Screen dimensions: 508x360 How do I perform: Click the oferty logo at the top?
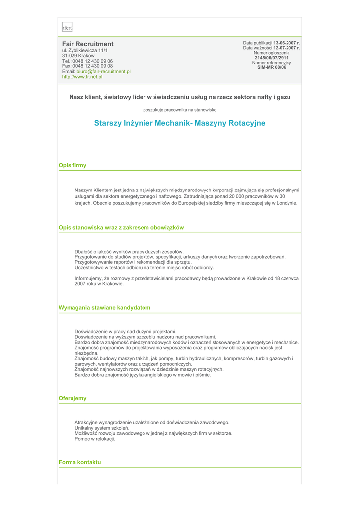coord(67,28)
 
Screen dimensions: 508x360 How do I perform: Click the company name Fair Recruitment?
coord(87,44)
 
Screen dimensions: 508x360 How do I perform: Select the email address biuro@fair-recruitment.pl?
coord(103,72)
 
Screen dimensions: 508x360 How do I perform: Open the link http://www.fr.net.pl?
coord(82,77)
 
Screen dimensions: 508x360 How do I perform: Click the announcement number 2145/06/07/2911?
coord(272,58)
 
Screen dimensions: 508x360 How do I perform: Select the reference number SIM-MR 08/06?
coord(272,67)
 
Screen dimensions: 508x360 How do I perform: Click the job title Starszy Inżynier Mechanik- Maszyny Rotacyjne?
coord(180,123)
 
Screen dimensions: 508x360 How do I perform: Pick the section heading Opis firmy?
coord(72,166)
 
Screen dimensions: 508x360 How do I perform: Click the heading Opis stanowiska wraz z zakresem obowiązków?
coord(121,228)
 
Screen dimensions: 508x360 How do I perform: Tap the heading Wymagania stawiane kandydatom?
coord(104,308)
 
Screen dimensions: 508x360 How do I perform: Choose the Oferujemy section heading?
coord(72,398)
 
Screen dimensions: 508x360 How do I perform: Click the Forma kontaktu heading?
coord(79,462)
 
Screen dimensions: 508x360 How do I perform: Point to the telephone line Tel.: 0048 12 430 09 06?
coord(87,61)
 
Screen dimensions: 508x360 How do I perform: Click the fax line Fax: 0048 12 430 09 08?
coord(87,66)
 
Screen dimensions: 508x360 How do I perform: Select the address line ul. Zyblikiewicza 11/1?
coord(84,51)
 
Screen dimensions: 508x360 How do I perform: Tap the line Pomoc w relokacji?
coord(95,439)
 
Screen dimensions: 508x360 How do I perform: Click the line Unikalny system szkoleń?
coord(102,428)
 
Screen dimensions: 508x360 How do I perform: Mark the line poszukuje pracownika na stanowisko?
coord(180,110)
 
